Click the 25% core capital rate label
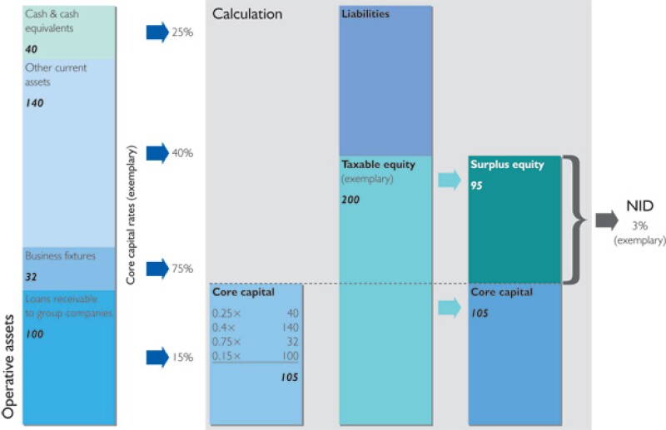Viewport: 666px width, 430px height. [182, 32]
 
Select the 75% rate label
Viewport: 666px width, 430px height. [182, 269]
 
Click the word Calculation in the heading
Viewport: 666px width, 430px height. [247, 14]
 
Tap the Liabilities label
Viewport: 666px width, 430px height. [365, 15]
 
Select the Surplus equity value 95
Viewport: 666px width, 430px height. [477, 185]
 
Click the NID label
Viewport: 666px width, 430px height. [639, 206]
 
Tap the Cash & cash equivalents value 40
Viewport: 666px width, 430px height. [32, 50]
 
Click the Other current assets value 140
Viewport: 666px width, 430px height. [34, 103]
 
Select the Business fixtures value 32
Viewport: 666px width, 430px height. [32, 276]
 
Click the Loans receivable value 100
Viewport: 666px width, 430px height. [34, 334]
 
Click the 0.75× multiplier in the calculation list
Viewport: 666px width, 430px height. [227, 342]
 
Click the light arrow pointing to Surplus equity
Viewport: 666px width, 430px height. [449, 180]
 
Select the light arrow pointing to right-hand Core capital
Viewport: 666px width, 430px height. [449, 308]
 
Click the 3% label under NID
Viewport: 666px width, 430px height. [639, 225]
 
